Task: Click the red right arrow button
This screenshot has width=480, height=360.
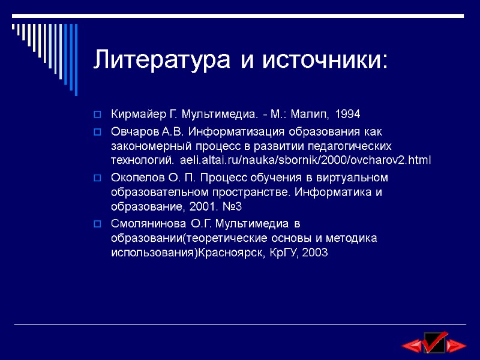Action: click(457, 345)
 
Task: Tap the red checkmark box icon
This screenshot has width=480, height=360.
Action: click(434, 341)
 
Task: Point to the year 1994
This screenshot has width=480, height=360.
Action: click(348, 114)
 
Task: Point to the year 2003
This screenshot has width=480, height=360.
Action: click(316, 253)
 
